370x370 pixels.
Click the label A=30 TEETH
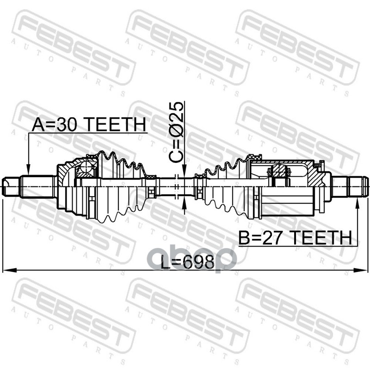(x=89, y=124)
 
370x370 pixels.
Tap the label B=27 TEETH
(x=295, y=238)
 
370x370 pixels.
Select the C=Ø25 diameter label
(x=176, y=132)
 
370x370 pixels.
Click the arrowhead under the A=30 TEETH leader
(x=28, y=170)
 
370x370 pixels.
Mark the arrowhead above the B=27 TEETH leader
(x=357, y=203)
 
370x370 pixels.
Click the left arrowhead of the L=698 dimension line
(x=9, y=270)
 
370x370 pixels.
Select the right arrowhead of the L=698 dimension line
(x=361, y=270)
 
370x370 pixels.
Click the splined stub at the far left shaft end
(x=10, y=187)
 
